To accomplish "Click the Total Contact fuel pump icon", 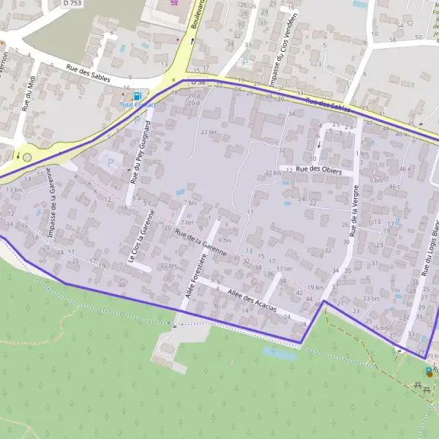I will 135,96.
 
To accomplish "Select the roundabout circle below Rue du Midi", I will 28,157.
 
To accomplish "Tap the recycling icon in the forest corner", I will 429,372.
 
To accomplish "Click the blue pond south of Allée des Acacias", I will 279,353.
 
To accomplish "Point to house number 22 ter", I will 209,132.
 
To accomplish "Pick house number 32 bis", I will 273,173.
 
